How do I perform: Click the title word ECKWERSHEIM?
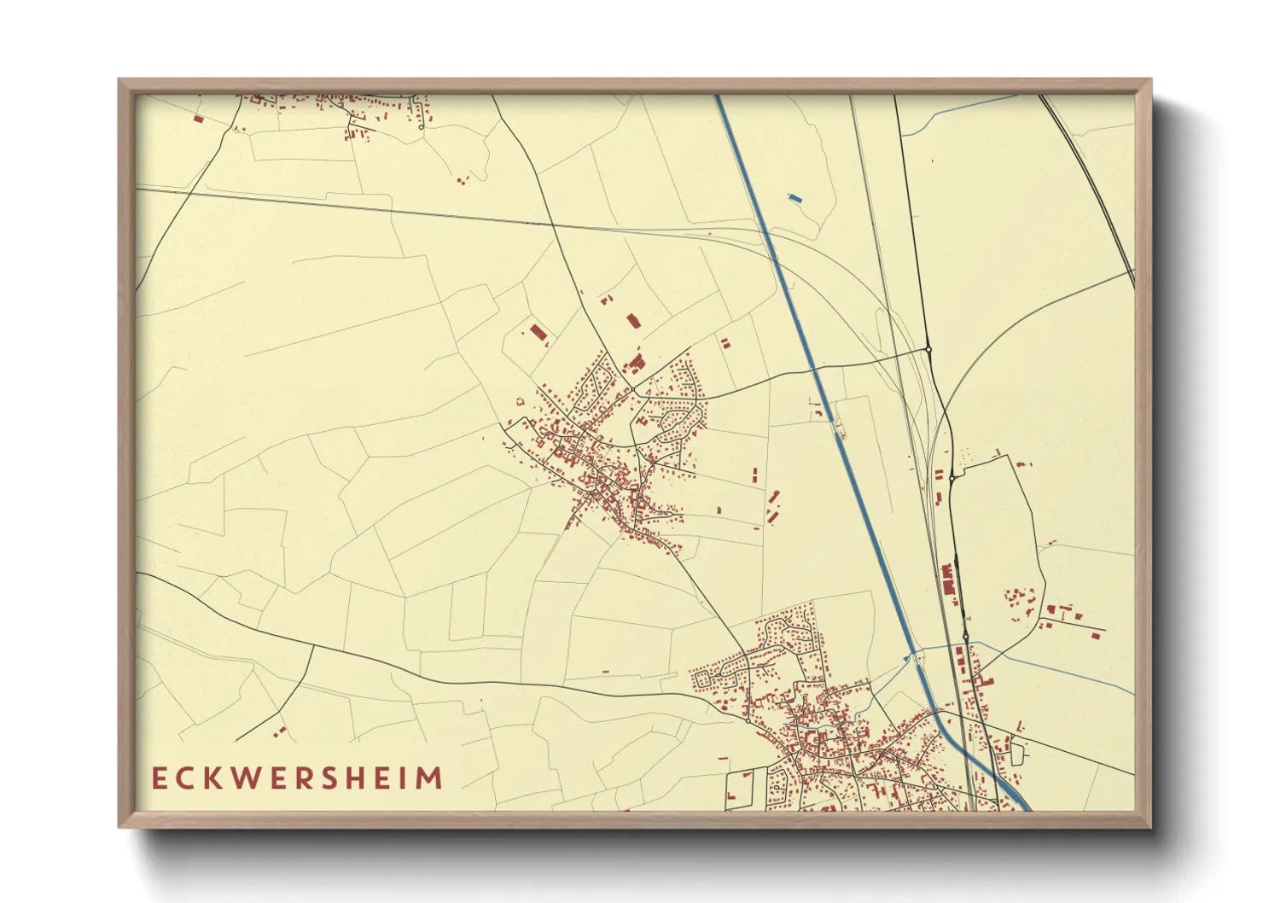(x=298, y=778)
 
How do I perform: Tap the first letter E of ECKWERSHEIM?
(x=159, y=778)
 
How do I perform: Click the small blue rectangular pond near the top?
(x=795, y=198)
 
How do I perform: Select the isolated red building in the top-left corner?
(x=198, y=119)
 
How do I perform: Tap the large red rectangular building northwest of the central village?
(x=537, y=333)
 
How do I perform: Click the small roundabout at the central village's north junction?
(x=632, y=391)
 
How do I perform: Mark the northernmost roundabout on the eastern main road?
(x=928, y=349)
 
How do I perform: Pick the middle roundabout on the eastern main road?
(x=952, y=479)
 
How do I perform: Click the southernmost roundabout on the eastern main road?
(x=965, y=637)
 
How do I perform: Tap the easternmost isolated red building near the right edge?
(x=1097, y=634)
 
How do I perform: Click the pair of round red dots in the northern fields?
(x=462, y=180)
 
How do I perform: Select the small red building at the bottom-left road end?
(x=279, y=731)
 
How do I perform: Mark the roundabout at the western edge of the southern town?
(x=748, y=721)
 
